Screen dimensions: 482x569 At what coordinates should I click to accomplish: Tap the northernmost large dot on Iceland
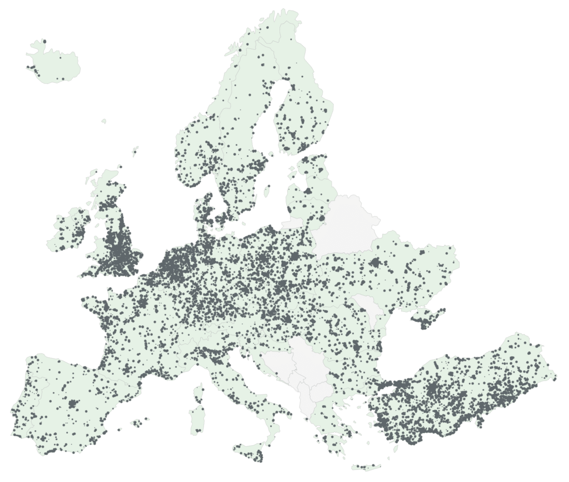pos(44,41)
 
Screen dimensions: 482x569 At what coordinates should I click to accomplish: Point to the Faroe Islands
pos(103,121)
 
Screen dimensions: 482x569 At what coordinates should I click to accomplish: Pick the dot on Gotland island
pos(266,192)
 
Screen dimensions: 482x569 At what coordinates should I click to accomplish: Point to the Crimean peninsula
pos(425,320)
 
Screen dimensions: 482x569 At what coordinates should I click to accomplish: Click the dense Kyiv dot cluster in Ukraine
pos(376,262)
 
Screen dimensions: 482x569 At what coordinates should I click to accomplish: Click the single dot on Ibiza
pos(119,429)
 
